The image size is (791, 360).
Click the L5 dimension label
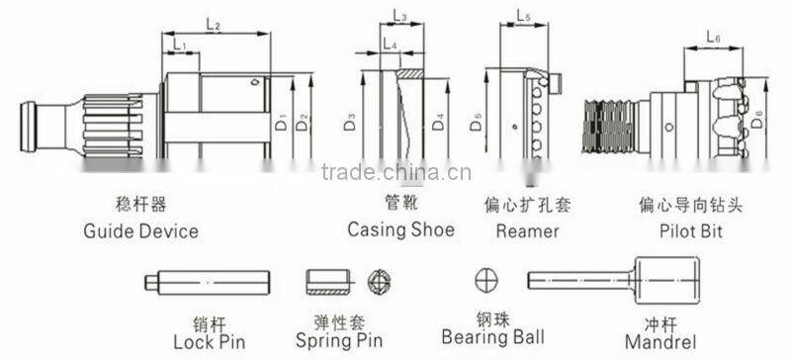pos(524,17)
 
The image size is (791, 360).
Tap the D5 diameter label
pos(478,124)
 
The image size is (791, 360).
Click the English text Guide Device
pos(141,231)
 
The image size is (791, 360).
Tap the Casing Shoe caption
pos(400,229)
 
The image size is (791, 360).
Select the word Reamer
pos(528,231)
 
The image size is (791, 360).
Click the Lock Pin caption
pos(209,342)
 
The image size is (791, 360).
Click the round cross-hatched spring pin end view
pos(378,281)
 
